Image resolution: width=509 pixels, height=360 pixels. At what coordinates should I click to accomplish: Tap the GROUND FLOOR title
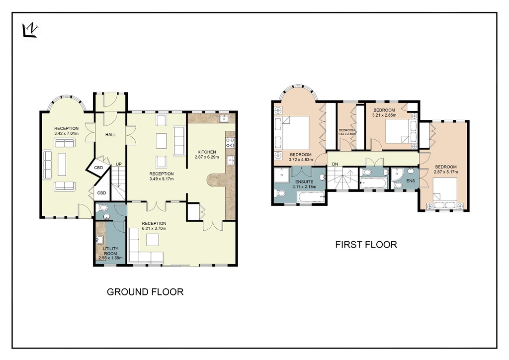145,292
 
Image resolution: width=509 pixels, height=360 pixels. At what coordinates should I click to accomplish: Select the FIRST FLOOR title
366,245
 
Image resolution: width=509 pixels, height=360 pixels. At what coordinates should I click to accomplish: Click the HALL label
111,135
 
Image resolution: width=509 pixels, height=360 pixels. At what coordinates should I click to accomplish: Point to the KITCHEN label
207,152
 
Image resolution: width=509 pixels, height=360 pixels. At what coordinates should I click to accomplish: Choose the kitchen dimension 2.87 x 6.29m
207,157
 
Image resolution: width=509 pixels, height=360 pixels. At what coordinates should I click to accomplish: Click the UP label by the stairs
119,164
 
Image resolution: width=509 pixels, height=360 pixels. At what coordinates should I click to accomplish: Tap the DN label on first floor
335,164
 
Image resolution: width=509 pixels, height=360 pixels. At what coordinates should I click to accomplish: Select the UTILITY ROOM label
111,251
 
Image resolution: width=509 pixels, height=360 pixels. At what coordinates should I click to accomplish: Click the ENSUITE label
304,182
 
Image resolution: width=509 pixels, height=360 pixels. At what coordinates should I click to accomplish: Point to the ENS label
411,181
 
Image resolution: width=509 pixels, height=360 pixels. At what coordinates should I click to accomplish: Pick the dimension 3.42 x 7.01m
66,133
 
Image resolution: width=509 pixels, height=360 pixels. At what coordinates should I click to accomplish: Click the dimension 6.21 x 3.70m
154,228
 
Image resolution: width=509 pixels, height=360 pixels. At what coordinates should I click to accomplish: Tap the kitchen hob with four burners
231,143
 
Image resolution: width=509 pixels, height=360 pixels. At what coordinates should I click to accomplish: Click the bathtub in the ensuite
311,197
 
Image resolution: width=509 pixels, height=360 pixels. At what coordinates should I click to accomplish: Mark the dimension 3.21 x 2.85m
384,115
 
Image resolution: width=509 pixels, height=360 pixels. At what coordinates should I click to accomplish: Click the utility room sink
99,240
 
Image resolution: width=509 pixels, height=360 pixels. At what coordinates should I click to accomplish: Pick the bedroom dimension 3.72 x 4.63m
301,160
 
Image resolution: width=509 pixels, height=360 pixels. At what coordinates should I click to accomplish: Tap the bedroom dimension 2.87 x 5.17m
446,172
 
